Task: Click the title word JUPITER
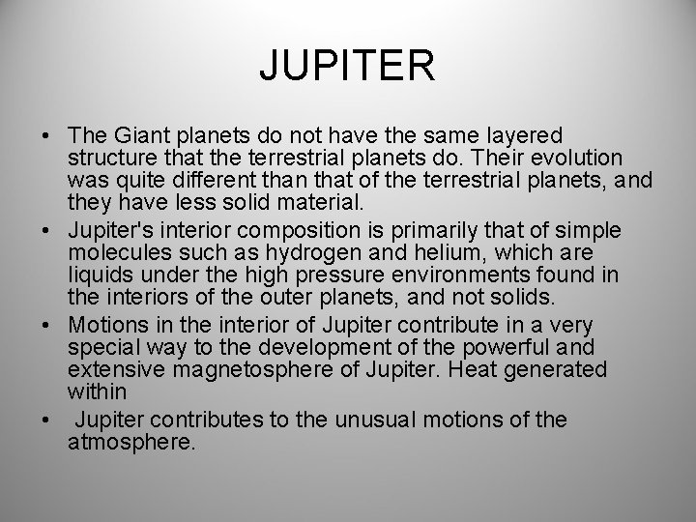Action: pyautogui.click(x=348, y=67)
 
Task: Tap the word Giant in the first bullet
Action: pyautogui.click(x=136, y=135)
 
